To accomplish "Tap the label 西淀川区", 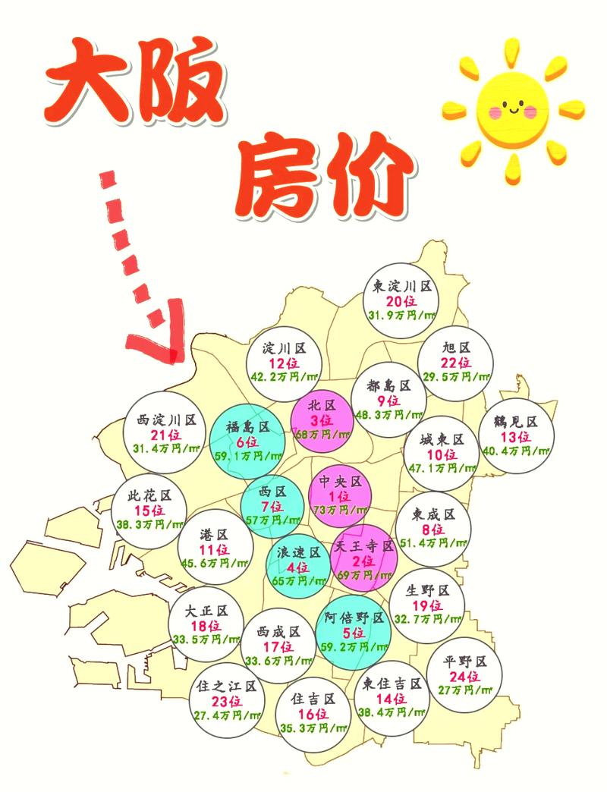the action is coord(167,420).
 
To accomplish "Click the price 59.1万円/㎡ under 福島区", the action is coord(247,456).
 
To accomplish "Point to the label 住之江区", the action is coord(225,687).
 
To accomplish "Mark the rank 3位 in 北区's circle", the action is coord(321,420).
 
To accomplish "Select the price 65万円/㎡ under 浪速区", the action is coord(297,580).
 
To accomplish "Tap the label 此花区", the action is coord(151,495).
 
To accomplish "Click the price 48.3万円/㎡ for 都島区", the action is coord(388,414).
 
